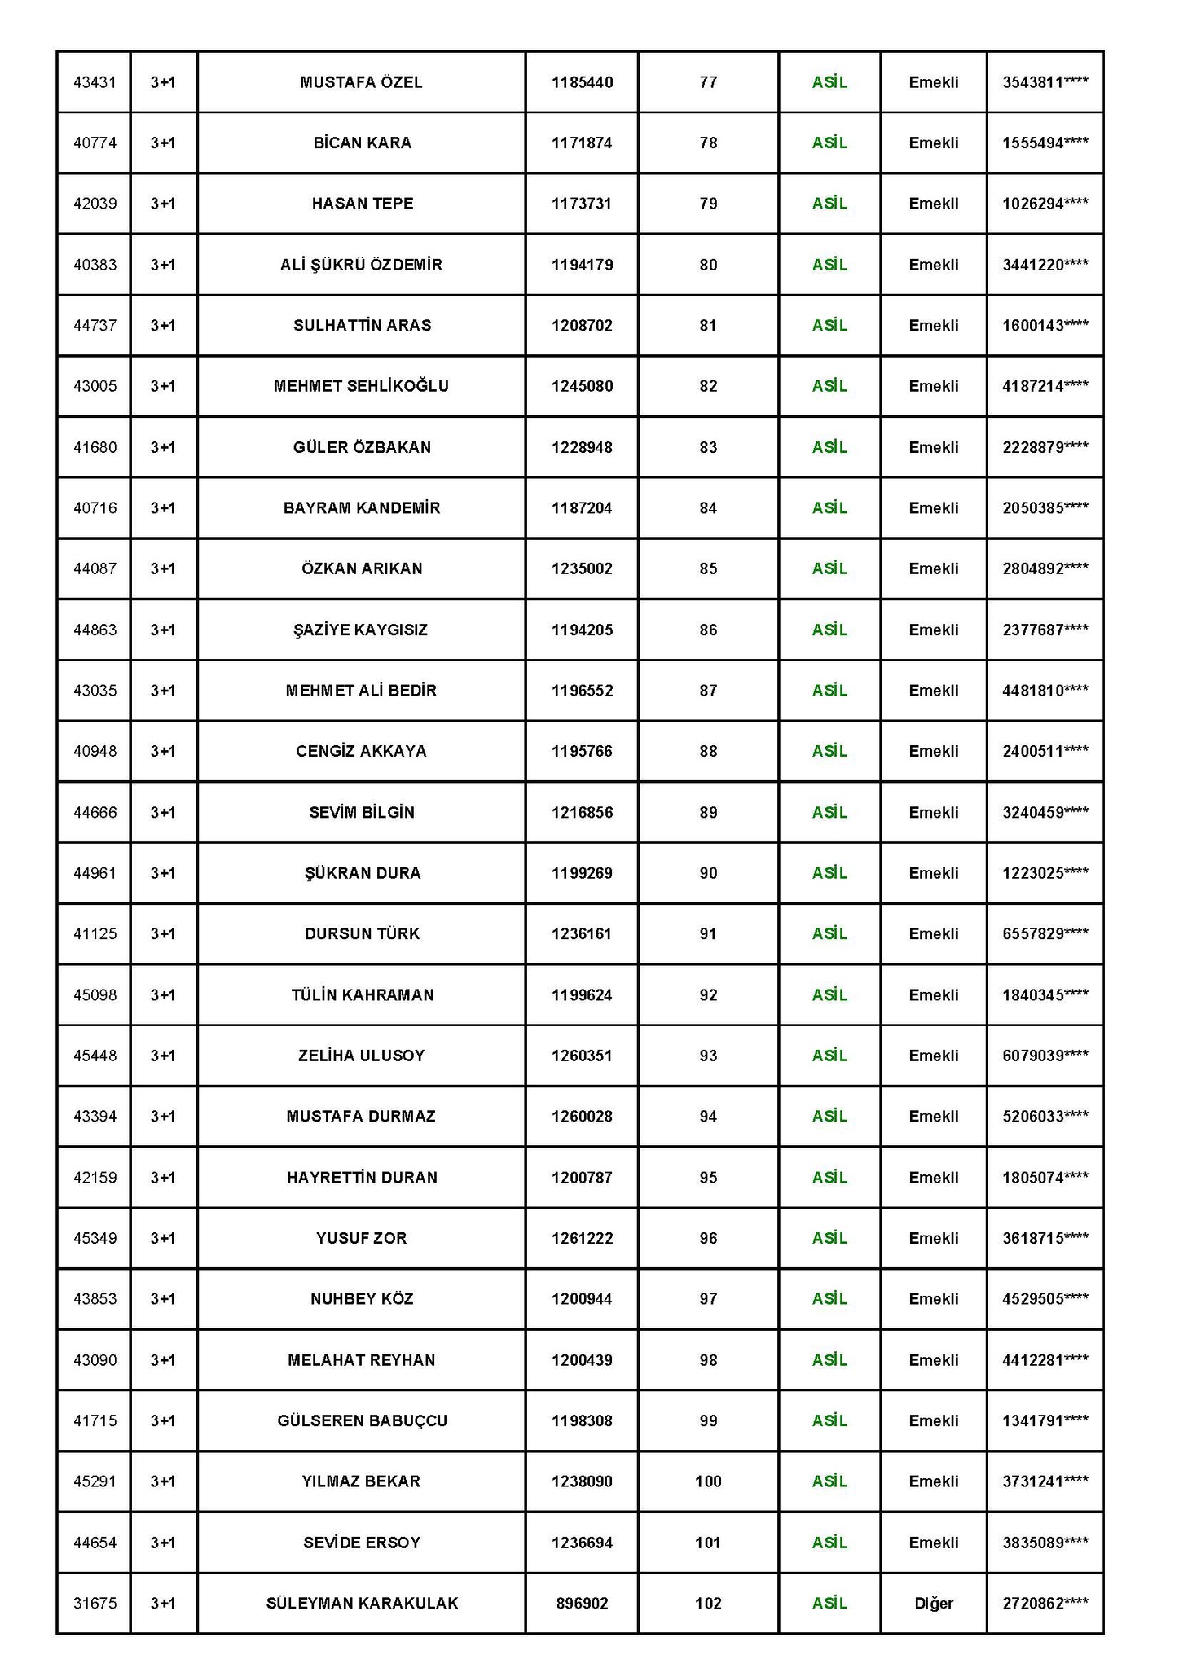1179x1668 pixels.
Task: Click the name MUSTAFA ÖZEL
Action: pos(361,82)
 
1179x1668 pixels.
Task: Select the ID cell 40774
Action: pos(95,143)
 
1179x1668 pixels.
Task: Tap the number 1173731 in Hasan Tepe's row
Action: pos(582,204)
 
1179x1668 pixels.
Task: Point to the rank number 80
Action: pos(708,265)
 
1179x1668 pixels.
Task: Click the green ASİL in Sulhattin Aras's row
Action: pos(829,326)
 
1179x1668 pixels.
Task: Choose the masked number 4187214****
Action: pos(1045,386)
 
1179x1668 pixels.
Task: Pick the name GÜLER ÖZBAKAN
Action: pos(362,447)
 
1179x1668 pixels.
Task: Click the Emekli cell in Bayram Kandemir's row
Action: pos(933,508)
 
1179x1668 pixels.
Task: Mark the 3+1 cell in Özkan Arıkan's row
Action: pos(163,568)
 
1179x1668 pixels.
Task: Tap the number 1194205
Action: pos(582,630)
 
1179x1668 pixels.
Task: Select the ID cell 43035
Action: pos(95,691)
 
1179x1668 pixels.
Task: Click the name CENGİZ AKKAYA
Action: pos(361,751)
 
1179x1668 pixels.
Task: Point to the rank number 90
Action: pos(708,873)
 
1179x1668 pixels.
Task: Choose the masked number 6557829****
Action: pos(1045,933)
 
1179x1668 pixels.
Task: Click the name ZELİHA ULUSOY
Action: pos(361,1056)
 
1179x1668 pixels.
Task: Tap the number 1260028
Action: pos(582,1116)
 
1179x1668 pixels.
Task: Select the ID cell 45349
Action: pos(95,1238)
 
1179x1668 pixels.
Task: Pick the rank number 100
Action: pos(708,1481)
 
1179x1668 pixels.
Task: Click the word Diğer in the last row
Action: pos(933,1604)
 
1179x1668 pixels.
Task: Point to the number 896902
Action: pos(582,1604)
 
